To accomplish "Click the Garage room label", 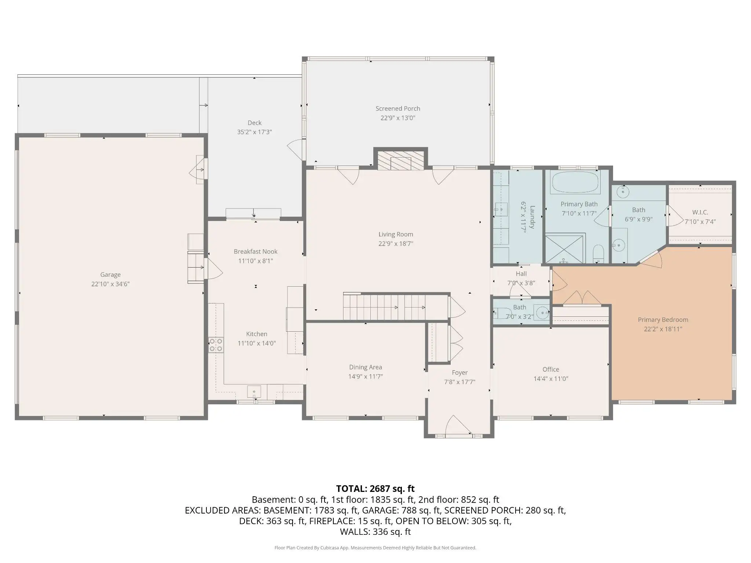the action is point(110,275).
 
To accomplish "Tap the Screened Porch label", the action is point(398,108).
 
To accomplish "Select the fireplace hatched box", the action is point(400,161).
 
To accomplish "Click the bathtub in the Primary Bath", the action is point(575,182).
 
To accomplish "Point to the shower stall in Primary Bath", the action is point(564,249).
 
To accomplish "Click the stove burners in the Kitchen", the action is point(216,345).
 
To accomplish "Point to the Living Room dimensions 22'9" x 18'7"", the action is point(396,244).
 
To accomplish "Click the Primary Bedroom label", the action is point(663,320).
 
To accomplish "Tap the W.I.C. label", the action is point(700,212).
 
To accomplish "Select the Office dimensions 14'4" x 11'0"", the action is point(551,379).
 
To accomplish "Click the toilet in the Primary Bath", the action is point(598,253).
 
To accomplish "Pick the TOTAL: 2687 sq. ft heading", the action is point(375,489).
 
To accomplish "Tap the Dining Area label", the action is point(365,367).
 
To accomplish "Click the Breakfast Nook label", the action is point(256,251).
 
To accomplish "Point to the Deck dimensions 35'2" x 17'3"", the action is point(254,132).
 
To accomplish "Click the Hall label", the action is point(521,274).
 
